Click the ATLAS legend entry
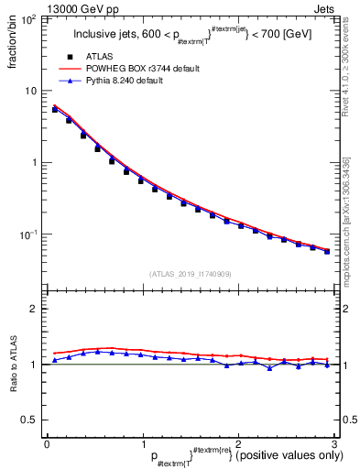(x=99, y=57)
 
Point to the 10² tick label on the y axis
(x=28, y=19)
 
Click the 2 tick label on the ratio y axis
(x=34, y=309)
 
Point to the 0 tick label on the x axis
(x=46, y=444)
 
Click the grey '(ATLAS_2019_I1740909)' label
(x=189, y=273)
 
